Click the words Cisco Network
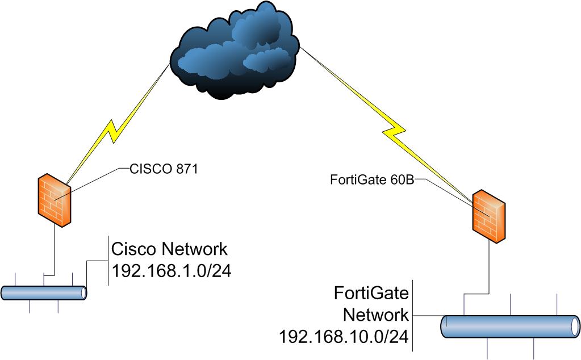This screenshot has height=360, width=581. (169, 249)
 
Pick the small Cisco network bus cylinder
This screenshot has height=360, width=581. (43, 293)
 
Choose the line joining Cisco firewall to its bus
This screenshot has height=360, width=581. (53, 250)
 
